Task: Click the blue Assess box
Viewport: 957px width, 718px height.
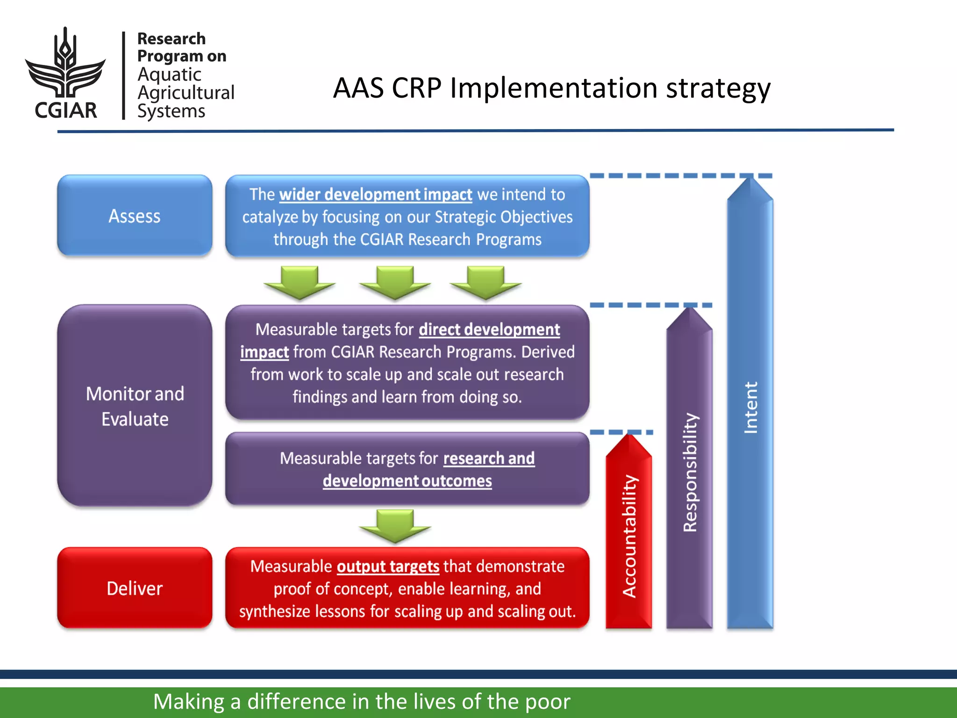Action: (135, 216)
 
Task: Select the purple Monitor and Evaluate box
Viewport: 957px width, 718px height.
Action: (135, 406)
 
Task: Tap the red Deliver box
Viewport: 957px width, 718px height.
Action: (135, 588)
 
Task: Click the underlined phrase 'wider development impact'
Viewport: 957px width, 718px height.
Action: (376, 194)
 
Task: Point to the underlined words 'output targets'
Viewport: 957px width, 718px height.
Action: (388, 567)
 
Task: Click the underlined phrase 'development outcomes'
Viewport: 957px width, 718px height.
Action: (407, 481)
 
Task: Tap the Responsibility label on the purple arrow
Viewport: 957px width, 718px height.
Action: (690, 472)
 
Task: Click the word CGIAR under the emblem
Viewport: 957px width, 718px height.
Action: (66, 110)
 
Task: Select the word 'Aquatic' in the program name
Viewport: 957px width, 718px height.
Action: (169, 75)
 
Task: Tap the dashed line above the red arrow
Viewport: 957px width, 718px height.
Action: (621, 432)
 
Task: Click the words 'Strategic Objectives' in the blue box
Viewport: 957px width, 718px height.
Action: (503, 217)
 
